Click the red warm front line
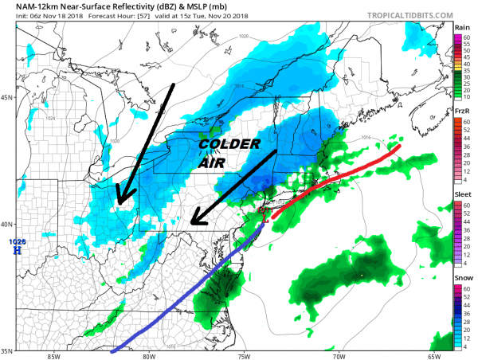click(x=335, y=180)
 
